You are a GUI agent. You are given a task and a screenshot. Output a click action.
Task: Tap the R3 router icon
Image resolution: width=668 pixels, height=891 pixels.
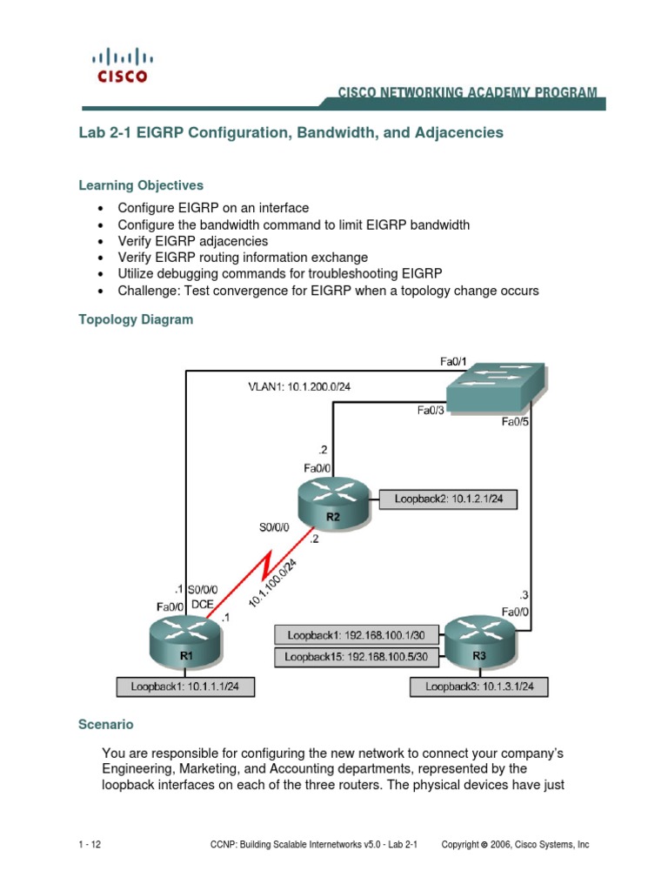(x=481, y=641)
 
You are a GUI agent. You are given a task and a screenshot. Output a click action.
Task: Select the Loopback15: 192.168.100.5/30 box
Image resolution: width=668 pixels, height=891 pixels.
(x=357, y=658)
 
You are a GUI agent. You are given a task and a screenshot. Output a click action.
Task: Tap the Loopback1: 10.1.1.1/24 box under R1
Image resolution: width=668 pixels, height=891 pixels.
(x=190, y=687)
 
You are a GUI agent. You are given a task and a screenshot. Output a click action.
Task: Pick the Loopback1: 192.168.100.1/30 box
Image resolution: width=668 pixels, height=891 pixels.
(x=357, y=634)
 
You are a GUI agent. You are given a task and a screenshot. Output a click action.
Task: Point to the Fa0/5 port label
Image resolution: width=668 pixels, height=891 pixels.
(x=516, y=422)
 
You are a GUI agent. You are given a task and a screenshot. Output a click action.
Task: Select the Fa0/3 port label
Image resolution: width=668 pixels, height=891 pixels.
(x=431, y=411)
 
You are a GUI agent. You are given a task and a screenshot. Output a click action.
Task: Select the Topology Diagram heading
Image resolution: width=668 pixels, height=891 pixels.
(x=136, y=319)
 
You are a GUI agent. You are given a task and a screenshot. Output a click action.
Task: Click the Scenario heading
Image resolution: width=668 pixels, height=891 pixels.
(x=106, y=724)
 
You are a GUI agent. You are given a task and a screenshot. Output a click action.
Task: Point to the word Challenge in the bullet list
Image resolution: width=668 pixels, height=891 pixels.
(x=147, y=291)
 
